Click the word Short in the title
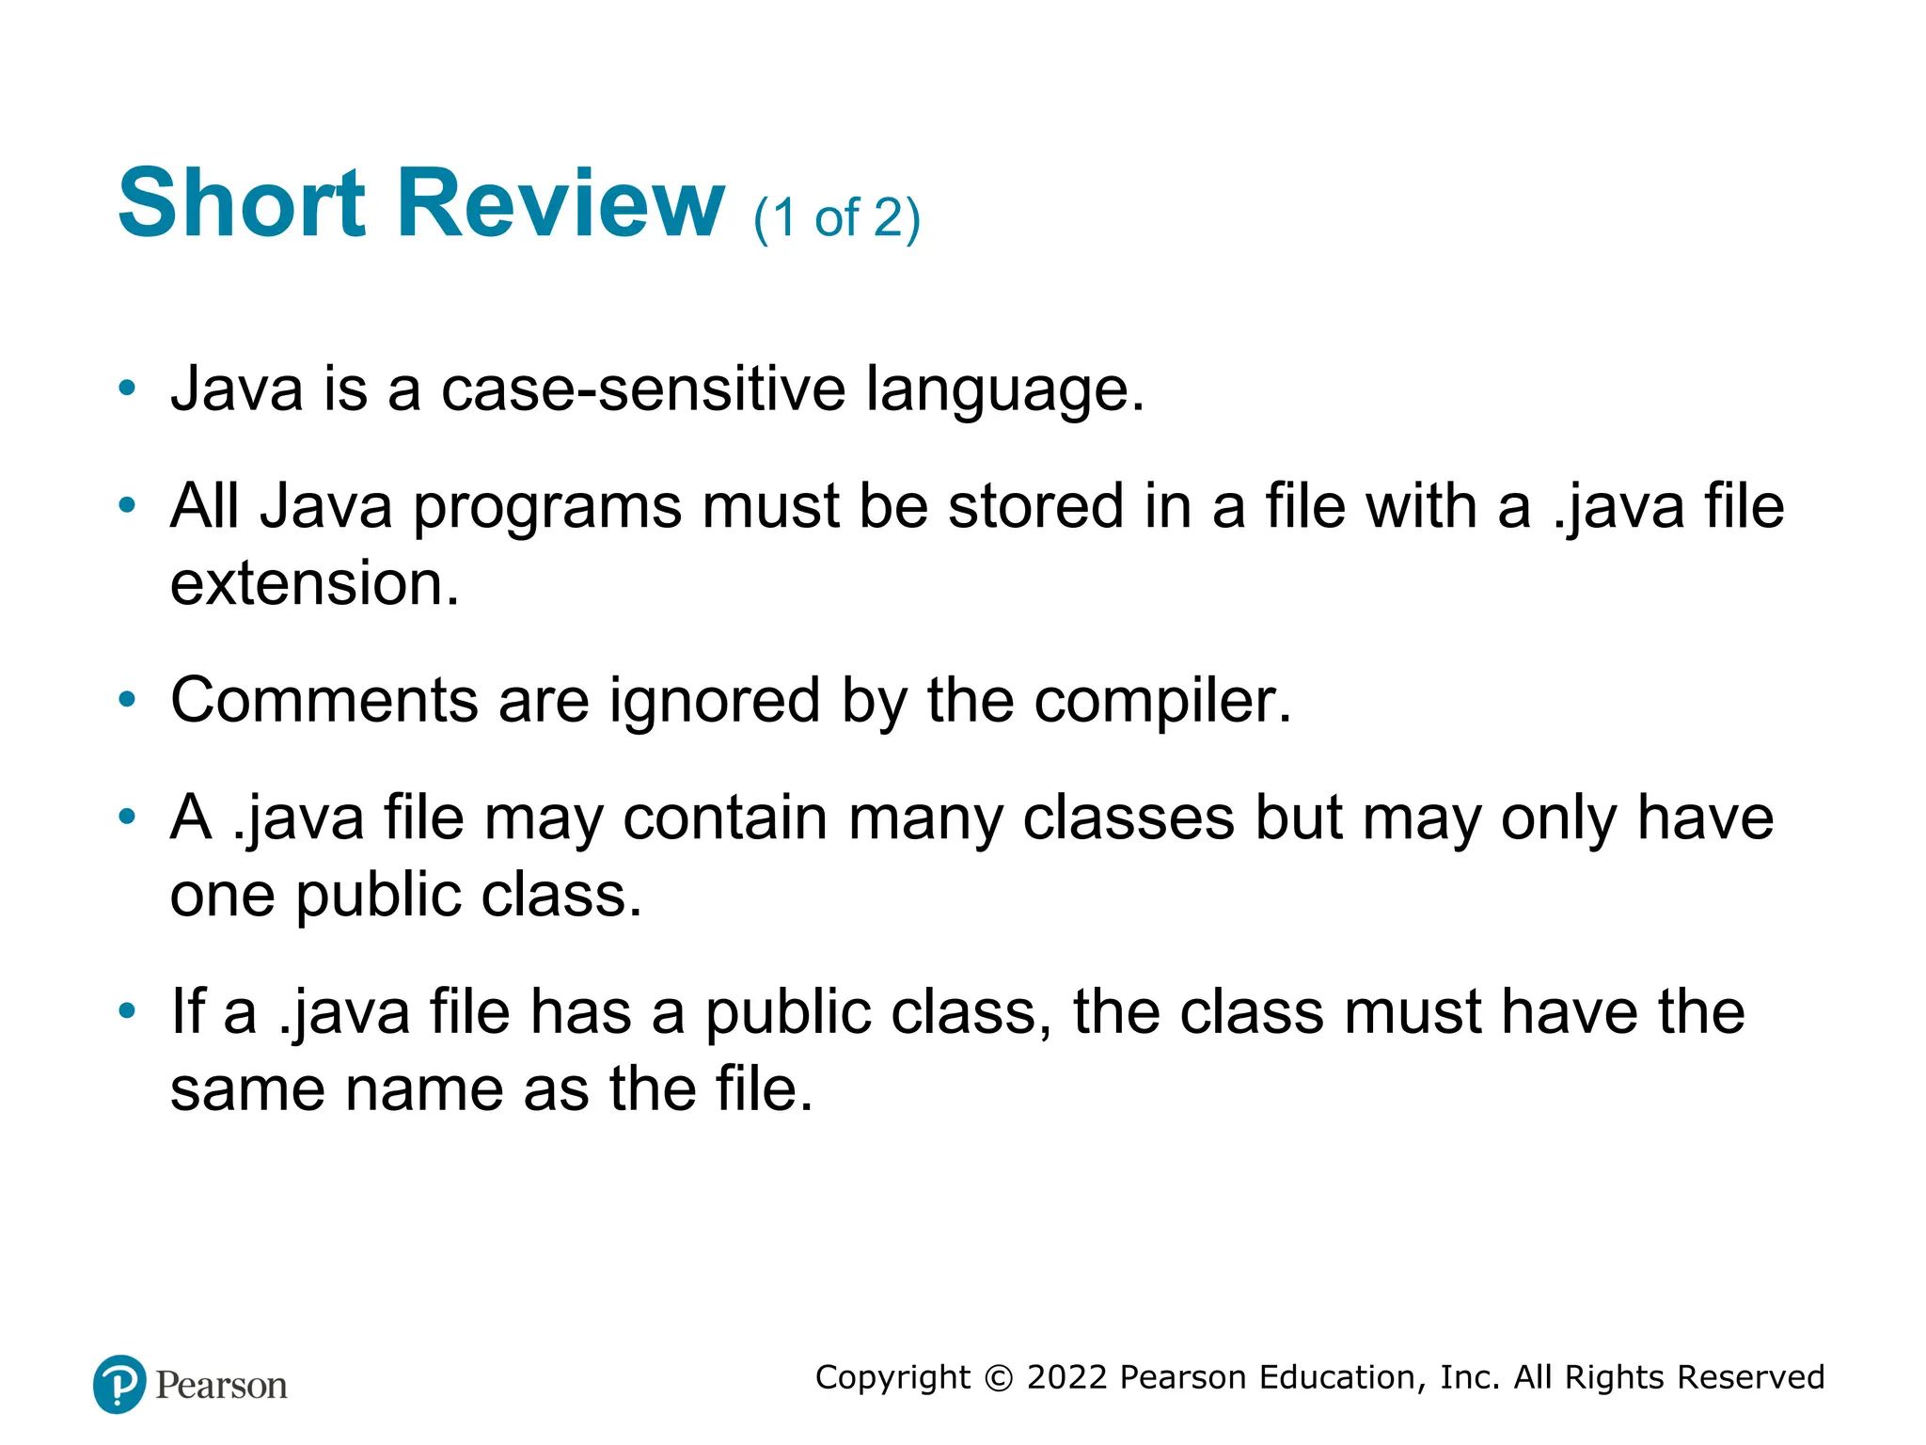[x=241, y=203]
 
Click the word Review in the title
[x=560, y=203]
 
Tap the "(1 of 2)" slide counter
[x=836, y=218]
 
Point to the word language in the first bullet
[x=1003, y=390]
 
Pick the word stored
[x=1035, y=506]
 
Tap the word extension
[x=314, y=583]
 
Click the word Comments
[x=324, y=700]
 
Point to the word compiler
[x=1162, y=702]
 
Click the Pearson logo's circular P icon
[x=119, y=1384]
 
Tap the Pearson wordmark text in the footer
[x=221, y=1386]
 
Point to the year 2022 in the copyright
[x=1066, y=1377]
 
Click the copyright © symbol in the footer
[x=999, y=1378]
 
